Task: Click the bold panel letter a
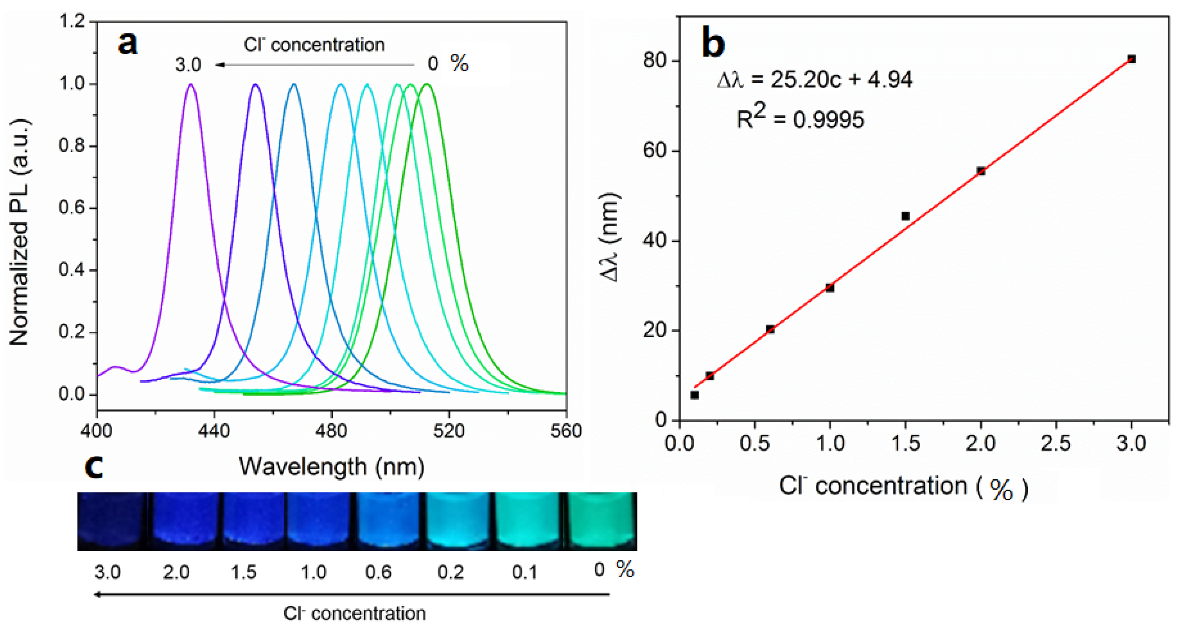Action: pyautogui.click(x=127, y=43)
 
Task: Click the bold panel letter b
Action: pyautogui.click(x=713, y=43)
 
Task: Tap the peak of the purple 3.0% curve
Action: pyautogui.click(x=191, y=85)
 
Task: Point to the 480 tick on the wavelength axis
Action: pyautogui.click(x=332, y=431)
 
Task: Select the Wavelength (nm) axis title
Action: pyautogui.click(x=332, y=467)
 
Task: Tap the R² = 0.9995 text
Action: pyautogui.click(x=800, y=119)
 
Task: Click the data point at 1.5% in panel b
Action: pyautogui.click(x=905, y=216)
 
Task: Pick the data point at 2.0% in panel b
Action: pyautogui.click(x=980, y=171)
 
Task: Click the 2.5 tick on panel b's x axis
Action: pyautogui.click(x=1056, y=443)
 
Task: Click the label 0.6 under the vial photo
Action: pyautogui.click(x=378, y=572)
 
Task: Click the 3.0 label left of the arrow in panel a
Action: pyautogui.click(x=188, y=64)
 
